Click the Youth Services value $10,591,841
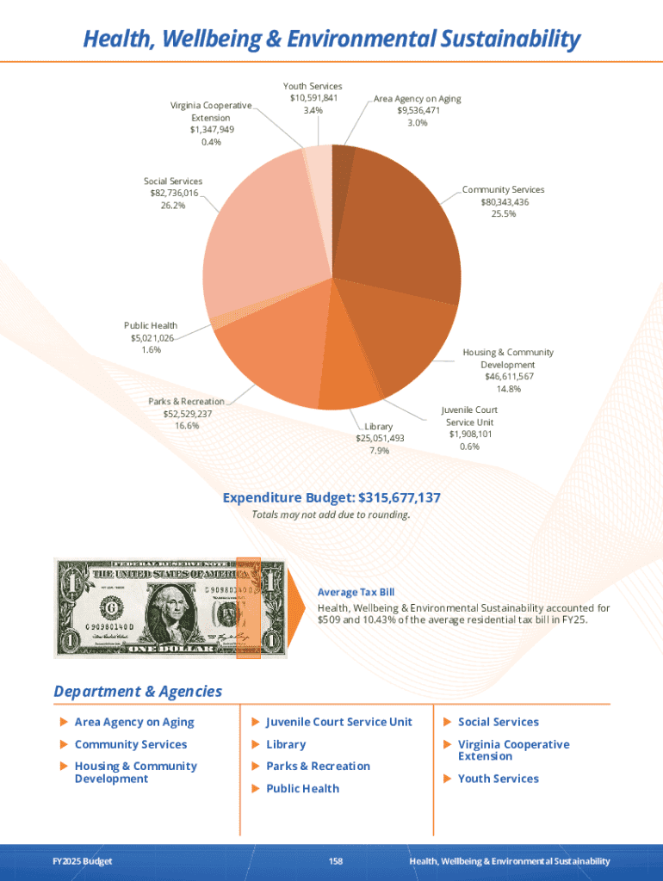(313, 98)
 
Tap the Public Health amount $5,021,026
(151, 338)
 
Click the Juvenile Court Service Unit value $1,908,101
(469, 434)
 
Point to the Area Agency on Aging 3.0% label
(417, 123)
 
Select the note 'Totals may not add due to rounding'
(331, 515)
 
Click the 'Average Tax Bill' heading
(356, 592)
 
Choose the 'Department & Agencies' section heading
(138, 692)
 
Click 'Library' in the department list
(286, 744)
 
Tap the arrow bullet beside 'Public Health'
(256, 789)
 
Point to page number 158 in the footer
(336, 861)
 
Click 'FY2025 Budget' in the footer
(82, 861)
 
